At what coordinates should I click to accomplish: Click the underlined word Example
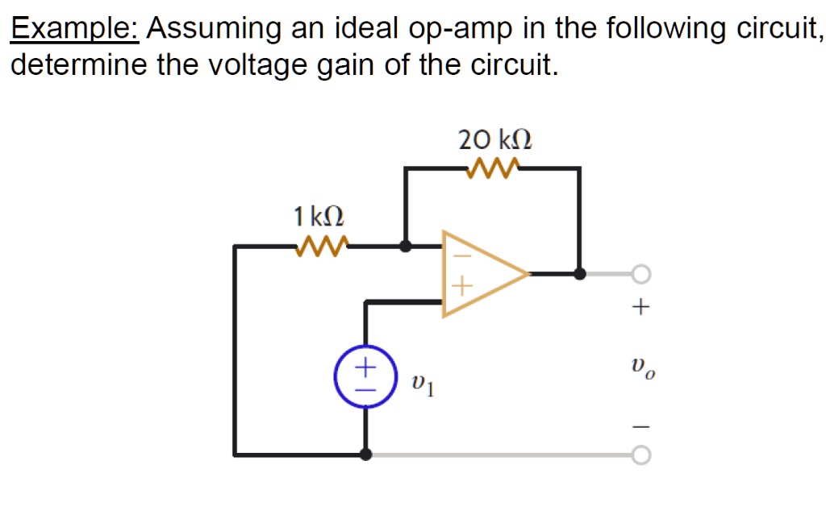click(x=75, y=30)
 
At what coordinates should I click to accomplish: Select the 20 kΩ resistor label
click(x=494, y=140)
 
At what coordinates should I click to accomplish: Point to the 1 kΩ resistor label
click(x=319, y=217)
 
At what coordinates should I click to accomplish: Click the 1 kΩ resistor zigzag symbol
click(x=322, y=245)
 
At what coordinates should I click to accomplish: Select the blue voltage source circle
click(x=365, y=376)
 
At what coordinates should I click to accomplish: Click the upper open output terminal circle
click(x=640, y=275)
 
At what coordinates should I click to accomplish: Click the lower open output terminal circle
click(x=640, y=456)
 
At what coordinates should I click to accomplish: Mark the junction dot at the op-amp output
click(x=579, y=274)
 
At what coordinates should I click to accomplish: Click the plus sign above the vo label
click(x=640, y=307)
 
